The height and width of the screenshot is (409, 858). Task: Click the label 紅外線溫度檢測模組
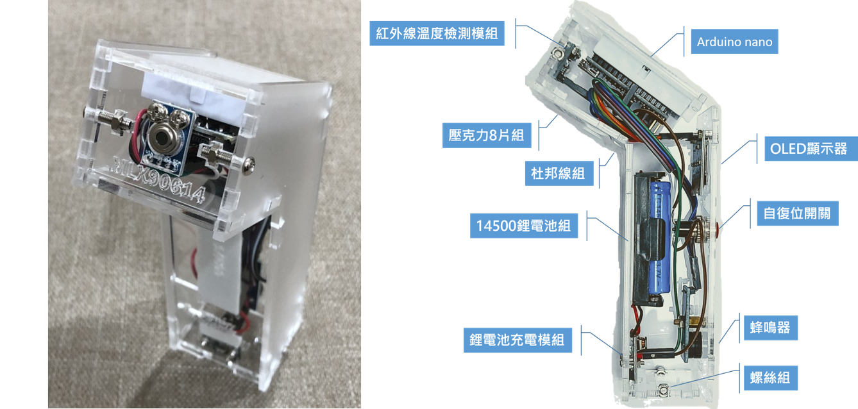(x=437, y=33)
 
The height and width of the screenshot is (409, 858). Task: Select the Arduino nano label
(x=734, y=42)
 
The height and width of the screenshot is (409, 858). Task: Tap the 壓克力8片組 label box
(x=487, y=135)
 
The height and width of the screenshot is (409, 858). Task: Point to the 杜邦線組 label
(x=559, y=173)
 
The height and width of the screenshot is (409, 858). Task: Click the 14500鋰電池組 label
(x=524, y=226)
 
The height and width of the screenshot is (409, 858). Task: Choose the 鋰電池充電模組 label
(x=517, y=340)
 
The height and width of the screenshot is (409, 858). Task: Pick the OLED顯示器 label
(x=811, y=149)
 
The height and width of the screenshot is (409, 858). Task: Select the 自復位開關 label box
(x=798, y=213)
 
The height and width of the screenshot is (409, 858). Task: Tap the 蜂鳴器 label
(x=770, y=328)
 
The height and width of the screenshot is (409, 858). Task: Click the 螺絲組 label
(x=770, y=378)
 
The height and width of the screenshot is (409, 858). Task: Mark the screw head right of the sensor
(x=248, y=165)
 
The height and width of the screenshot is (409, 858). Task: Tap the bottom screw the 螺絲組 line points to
(x=663, y=390)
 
